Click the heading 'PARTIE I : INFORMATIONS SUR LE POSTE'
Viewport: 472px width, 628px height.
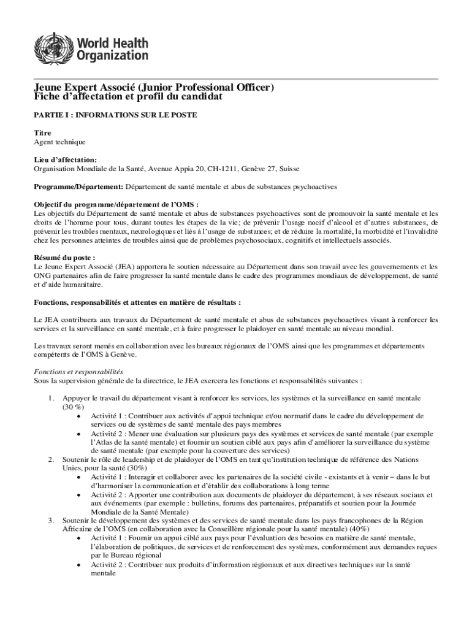[x=115, y=115]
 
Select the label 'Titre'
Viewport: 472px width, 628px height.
[x=42, y=133]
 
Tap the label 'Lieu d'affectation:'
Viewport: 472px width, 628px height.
[x=65, y=159]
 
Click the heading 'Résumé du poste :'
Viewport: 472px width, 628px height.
[x=64, y=258]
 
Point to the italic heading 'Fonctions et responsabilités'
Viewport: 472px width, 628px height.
[x=78, y=372]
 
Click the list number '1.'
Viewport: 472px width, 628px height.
[x=52, y=398]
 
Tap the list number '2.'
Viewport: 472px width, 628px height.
[x=52, y=459]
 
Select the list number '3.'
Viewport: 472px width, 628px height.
[x=52, y=521]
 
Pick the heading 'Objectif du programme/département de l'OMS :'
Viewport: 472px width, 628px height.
[x=116, y=204]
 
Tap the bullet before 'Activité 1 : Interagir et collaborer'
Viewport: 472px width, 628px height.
[x=80, y=477]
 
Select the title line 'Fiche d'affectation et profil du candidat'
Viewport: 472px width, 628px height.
[x=128, y=97]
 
